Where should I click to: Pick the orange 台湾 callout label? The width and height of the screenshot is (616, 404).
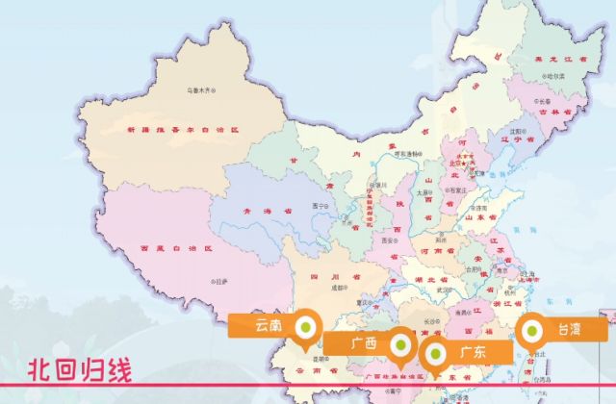coord(570,330)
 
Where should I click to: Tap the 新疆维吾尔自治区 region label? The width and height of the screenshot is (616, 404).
coord(181,128)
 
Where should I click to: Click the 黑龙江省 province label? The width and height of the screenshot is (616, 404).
coord(558,62)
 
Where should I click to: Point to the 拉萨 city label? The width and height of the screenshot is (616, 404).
coord(221,281)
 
